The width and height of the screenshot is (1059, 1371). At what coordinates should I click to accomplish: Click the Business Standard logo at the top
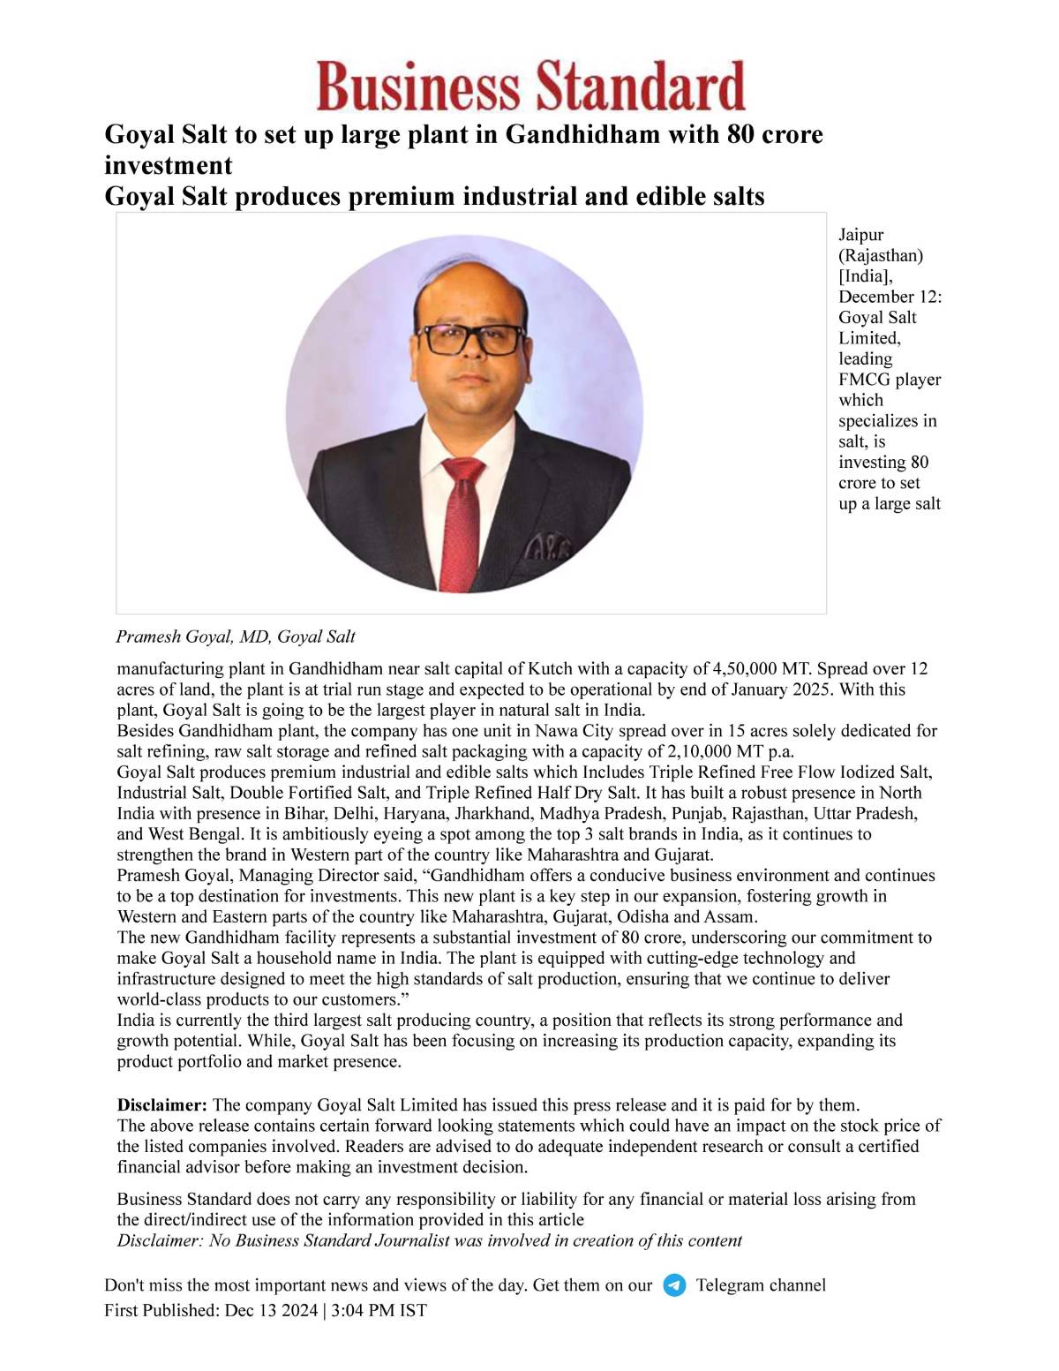point(530,87)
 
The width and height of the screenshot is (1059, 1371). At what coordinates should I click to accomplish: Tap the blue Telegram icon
point(674,1285)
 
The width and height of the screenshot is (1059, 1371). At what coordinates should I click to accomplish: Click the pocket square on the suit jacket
point(547,549)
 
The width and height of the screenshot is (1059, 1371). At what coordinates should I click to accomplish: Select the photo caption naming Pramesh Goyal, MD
point(236,637)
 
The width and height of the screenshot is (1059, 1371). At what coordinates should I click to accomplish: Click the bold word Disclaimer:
point(162,1105)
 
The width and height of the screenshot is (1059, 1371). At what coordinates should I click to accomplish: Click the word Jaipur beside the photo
point(860,235)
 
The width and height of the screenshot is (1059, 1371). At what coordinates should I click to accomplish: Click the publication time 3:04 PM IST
point(379,1311)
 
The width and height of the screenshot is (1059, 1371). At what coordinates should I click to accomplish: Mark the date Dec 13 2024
point(271,1311)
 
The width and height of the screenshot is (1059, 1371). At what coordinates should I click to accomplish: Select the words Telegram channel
point(761,1285)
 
